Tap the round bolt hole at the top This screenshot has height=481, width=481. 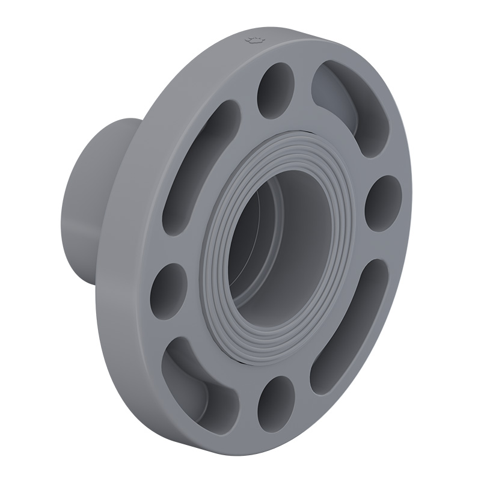(x=275, y=90)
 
